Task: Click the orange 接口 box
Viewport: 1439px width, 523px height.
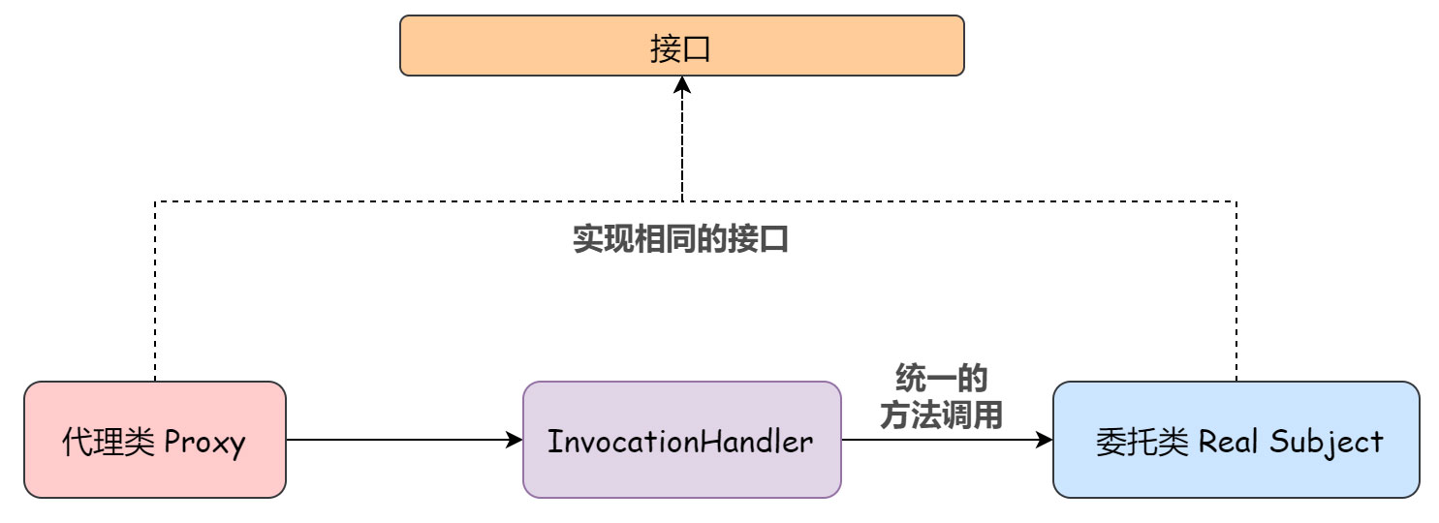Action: tap(682, 46)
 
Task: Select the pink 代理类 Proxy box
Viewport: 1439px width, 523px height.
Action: tap(155, 440)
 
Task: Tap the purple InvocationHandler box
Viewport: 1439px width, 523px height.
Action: tap(682, 440)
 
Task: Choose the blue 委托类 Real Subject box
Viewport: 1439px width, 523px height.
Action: tap(1236, 440)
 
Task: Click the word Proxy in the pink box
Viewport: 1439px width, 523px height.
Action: tap(205, 443)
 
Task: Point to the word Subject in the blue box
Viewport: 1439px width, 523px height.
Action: tap(1331, 443)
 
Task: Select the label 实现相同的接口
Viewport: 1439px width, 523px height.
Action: tap(680, 239)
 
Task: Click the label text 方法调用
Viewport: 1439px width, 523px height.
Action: tap(941, 415)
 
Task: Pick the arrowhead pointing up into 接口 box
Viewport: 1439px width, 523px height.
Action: tap(683, 85)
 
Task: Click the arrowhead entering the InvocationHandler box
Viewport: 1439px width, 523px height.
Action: tap(515, 440)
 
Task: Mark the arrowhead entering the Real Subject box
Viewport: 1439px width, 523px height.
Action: tap(1045, 440)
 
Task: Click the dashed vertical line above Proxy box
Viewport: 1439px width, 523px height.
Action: tap(155, 291)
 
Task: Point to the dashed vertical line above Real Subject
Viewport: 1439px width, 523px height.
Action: tap(1236, 291)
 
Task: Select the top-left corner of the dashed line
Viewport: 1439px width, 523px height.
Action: tap(155, 201)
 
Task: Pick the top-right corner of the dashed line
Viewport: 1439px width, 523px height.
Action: tap(1236, 201)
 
